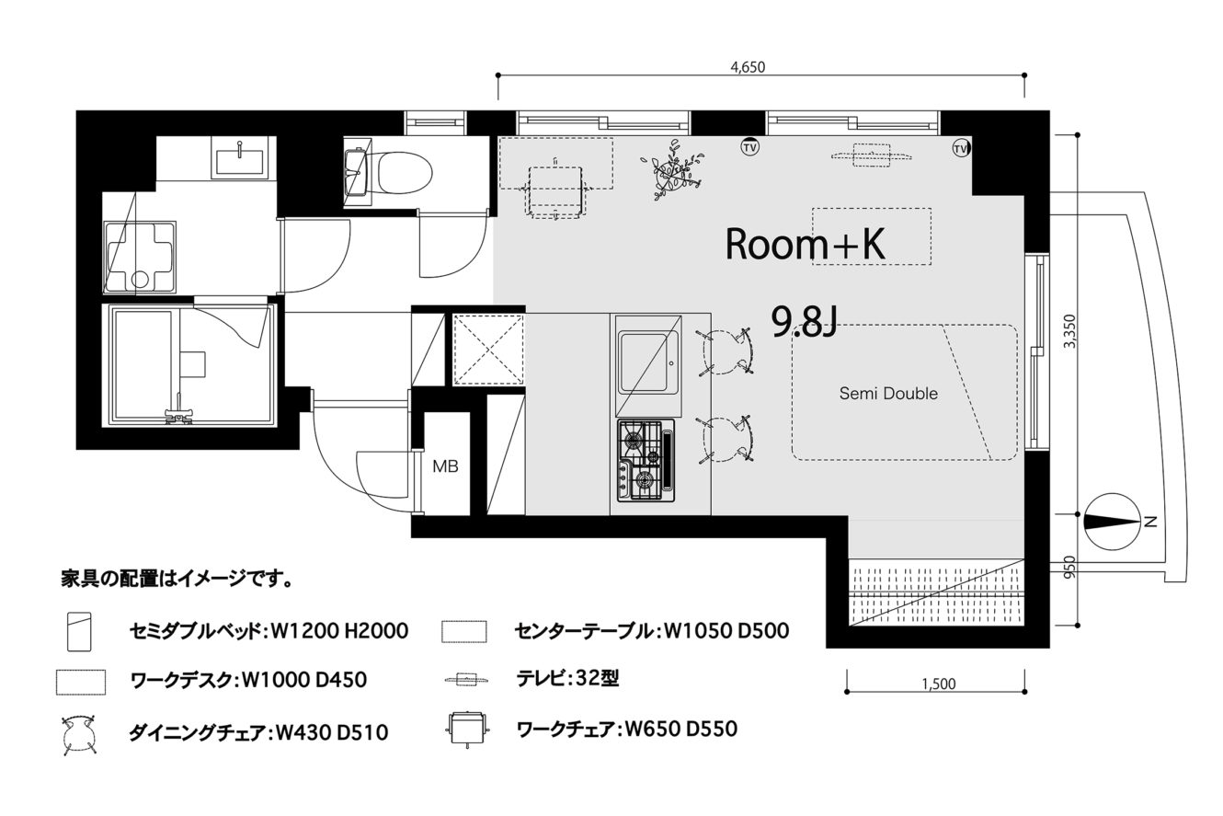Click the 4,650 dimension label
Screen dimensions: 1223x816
(748, 67)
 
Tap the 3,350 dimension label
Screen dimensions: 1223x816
(1069, 331)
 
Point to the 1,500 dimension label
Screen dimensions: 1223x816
(939, 684)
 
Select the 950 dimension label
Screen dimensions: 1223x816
(1069, 567)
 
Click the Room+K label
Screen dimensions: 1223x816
(806, 244)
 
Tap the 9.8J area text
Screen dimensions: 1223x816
(804, 322)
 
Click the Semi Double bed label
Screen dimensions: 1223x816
(888, 393)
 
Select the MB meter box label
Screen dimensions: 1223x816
(445, 466)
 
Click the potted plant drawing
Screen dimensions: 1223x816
(672, 170)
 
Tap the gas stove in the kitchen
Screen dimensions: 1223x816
(646, 460)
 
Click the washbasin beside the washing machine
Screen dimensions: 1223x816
(240, 157)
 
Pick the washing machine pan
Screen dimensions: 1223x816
(140, 258)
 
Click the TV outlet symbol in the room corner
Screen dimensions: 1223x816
(960, 148)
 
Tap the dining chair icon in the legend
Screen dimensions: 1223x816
(80, 735)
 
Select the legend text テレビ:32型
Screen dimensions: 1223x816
(568, 678)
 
